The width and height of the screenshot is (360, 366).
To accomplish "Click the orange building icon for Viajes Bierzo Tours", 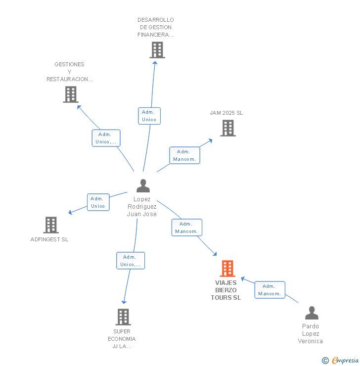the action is tap(227, 269).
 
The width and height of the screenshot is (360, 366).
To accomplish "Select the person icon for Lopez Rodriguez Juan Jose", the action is tap(143, 186).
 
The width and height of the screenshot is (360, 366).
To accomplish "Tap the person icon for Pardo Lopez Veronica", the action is tap(312, 313).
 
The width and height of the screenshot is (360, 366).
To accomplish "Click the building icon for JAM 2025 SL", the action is tap(227, 128).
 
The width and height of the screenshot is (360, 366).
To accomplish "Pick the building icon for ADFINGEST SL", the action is tap(51, 225).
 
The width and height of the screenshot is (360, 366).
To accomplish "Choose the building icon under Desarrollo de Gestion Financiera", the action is tap(157, 50).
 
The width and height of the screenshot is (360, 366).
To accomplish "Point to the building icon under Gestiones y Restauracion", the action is tap(71, 94).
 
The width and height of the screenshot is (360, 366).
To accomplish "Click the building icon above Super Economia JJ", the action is tap(123, 317).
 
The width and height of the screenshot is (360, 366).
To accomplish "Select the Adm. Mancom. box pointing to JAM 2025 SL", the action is tap(185, 155).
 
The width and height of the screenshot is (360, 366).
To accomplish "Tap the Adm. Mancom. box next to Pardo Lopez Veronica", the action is tap(270, 290).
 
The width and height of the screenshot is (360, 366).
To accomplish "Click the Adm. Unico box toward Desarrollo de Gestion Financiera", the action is tap(149, 116).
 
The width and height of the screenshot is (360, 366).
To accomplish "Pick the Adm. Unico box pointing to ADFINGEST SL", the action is tap(98, 202).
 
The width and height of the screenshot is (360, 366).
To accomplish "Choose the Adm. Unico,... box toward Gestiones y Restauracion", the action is tap(106, 138).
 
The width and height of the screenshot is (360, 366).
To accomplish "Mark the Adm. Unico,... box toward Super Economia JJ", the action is tap(131, 261).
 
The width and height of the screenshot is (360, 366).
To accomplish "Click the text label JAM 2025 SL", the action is tap(226, 113).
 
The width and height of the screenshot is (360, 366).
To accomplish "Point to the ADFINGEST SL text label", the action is tap(49, 239).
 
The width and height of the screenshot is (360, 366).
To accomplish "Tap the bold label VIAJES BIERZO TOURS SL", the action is tap(226, 290).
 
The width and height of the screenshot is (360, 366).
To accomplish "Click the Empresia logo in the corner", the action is tap(345, 361).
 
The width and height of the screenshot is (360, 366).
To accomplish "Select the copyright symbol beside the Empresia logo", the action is tap(325, 361).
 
